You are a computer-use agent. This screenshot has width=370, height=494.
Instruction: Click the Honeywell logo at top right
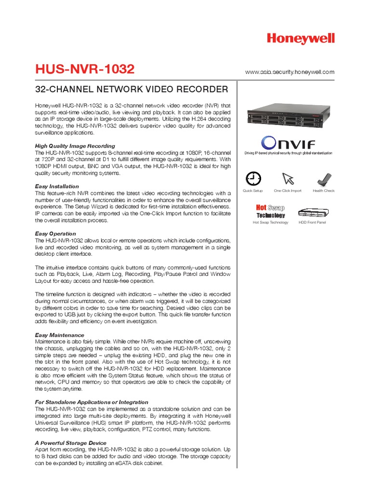pos(301,40)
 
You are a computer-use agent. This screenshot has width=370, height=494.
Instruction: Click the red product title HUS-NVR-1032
pos(85,70)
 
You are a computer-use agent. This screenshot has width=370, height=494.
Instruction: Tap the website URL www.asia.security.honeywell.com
pos(290,72)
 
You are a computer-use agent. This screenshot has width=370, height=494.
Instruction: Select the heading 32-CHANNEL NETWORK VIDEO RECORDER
pos(132,90)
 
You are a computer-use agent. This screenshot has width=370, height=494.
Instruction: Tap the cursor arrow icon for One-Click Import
pos(288,178)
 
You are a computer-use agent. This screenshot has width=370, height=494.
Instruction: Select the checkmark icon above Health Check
pos(323,179)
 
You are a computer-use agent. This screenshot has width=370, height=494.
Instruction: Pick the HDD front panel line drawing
pos(312,212)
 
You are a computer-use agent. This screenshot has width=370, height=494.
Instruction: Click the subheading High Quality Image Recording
pos(75,146)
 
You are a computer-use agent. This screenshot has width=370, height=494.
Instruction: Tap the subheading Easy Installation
pos(57,186)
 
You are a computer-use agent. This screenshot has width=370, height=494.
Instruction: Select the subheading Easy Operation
pos(55,233)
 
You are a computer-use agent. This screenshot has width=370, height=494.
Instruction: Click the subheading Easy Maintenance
pos(60,335)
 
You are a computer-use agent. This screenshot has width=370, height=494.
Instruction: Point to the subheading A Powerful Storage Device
pos(71,442)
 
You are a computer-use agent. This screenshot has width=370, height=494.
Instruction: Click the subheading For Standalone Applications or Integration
pos(92,402)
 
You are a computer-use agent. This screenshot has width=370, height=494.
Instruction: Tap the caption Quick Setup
pos(252,191)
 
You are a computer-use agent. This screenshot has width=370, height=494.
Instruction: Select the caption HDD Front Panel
pos(312,222)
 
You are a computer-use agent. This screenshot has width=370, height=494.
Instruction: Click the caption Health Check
pos(323,191)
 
